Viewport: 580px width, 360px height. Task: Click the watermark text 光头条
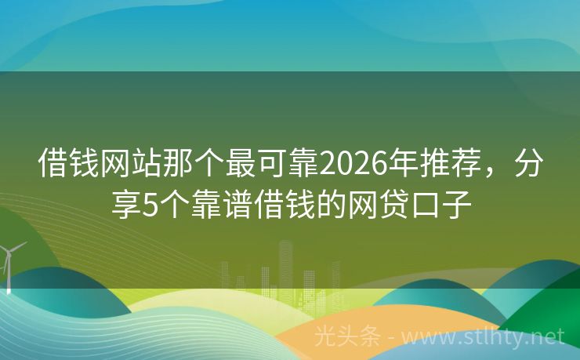(346, 337)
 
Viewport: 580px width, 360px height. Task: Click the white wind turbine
(9, 263)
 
